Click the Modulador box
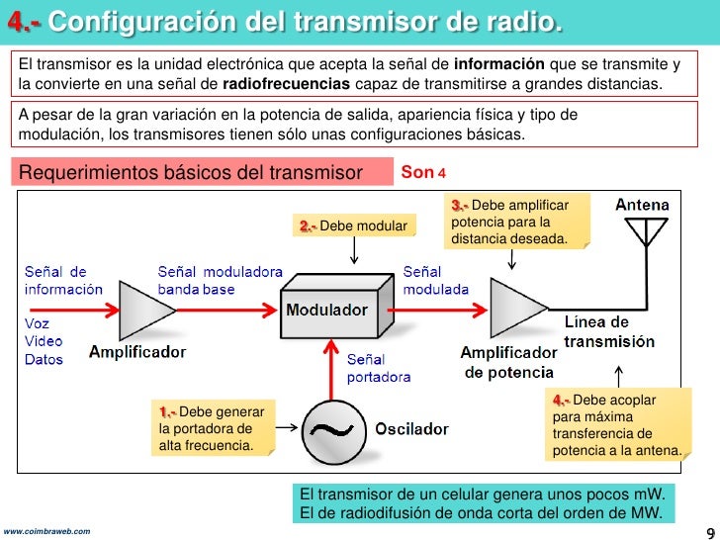[x=326, y=312]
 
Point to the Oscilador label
[x=410, y=429]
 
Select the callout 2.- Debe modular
[x=353, y=226]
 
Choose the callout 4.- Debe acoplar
[x=616, y=425]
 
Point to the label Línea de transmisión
[x=608, y=332]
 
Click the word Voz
[x=37, y=323]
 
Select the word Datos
[x=44, y=359]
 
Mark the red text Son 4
[x=423, y=172]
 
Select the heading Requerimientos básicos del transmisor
[x=191, y=173]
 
